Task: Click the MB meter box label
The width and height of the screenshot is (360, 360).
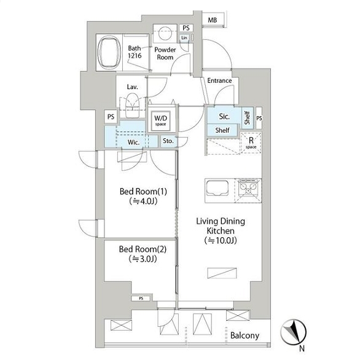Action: click(213, 20)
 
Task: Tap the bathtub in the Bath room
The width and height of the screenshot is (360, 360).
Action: click(109, 53)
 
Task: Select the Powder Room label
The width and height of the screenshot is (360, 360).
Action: click(165, 53)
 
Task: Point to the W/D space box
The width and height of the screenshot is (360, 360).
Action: click(161, 121)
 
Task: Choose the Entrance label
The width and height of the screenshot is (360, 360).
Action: click(219, 80)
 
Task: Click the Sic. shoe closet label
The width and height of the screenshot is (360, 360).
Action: click(224, 116)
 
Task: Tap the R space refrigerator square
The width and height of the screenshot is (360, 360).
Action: click(251, 143)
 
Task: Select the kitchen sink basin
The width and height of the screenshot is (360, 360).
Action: click(217, 188)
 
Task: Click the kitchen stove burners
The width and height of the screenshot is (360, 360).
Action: click(248, 187)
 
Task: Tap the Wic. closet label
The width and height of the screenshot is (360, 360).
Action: click(133, 142)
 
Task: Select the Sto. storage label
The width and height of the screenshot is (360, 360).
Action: click(168, 141)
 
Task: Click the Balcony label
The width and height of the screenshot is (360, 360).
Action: click(245, 335)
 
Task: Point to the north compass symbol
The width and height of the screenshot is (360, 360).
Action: click(294, 332)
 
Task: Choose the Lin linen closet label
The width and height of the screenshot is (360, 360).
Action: click(184, 37)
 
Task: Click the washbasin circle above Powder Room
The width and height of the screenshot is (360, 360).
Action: click(165, 33)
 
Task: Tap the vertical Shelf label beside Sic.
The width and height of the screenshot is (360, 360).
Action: click(247, 118)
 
